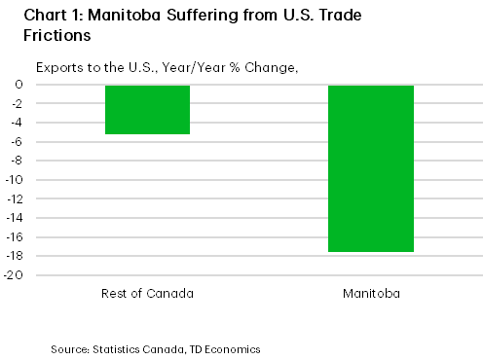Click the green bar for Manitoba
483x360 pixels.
coord(370,168)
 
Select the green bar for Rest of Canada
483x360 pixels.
coord(147,109)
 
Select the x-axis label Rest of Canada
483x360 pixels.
coord(147,293)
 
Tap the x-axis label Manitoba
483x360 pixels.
coord(370,293)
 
